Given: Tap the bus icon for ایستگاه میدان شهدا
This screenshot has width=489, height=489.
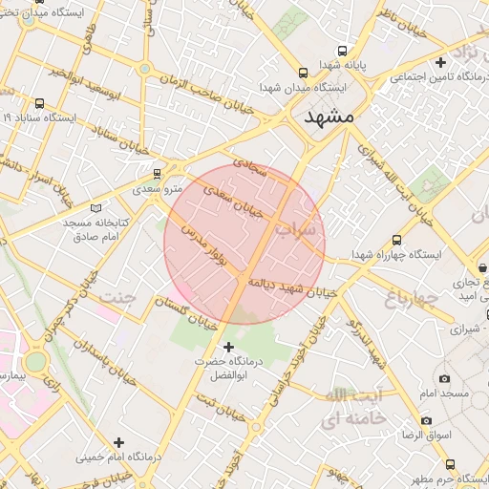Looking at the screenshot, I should pos(304,73).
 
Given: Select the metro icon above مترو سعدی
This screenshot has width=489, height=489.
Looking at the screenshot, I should pos(158,173).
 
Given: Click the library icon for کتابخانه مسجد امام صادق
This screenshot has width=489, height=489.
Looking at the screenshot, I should pos(94,208).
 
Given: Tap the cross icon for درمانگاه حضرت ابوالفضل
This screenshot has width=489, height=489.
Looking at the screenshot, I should pos(227,346).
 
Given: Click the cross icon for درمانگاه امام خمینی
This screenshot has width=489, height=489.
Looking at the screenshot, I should pos(118,441).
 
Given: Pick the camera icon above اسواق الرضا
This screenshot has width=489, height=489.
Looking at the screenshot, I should pos(425,420).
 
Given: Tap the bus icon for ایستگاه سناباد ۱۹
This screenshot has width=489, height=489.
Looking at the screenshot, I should pos(39,103).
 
